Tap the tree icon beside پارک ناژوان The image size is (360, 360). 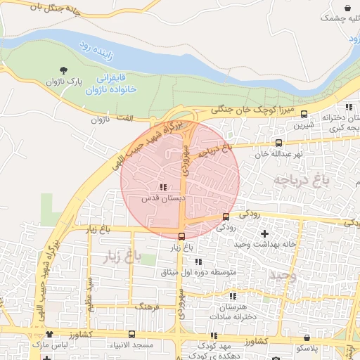point(64,70)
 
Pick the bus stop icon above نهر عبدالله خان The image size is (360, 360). point(279,143)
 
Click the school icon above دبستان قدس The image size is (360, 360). point(164,188)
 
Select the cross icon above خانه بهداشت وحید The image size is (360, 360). point(264,233)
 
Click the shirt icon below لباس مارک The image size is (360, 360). point(48,357)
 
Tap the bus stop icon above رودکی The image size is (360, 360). point(226,217)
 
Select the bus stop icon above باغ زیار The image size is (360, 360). point(182,236)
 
